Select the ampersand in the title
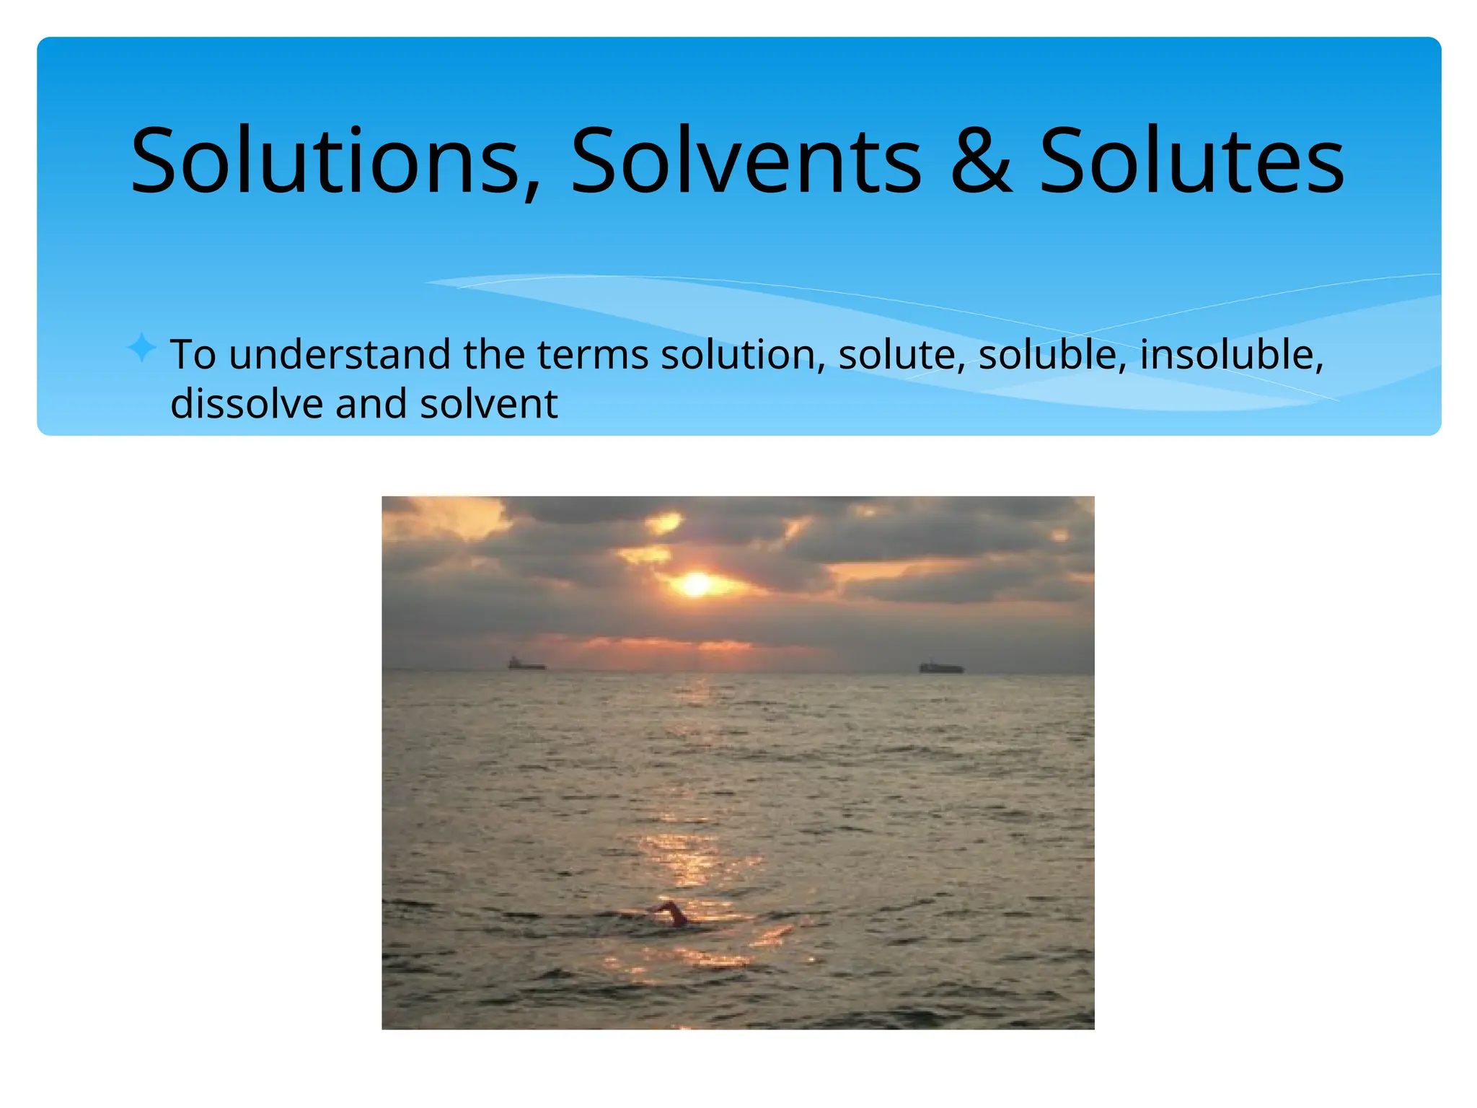click(x=981, y=162)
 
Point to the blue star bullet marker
click(x=141, y=348)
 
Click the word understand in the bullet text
click(x=340, y=355)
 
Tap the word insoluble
click(x=1232, y=355)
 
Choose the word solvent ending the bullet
click(x=488, y=403)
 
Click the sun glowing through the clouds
click(x=696, y=584)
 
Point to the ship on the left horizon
click(x=526, y=664)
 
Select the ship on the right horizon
click(x=940, y=667)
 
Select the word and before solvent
click(x=371, y=403)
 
